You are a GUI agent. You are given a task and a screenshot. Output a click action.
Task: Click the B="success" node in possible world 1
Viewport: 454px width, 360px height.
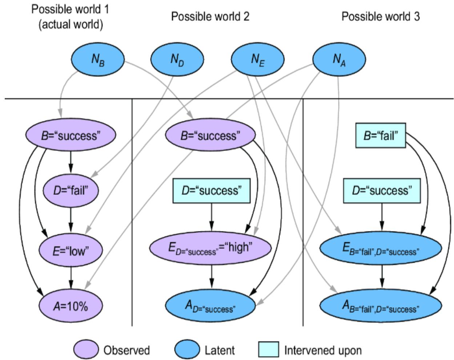pyautogui.click(x=71, y=135)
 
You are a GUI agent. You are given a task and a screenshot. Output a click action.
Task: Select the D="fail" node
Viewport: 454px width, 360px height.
pyautogui.click(x=71, y=190)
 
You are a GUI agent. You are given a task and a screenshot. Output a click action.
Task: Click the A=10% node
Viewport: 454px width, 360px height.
pyautogui.click(x=71, y=306)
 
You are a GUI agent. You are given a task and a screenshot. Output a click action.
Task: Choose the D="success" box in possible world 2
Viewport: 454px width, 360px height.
pyautogui.click(x=211, y=190)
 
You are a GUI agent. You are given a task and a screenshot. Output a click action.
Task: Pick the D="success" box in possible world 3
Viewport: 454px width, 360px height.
pyautogui.click(x=382, y=190)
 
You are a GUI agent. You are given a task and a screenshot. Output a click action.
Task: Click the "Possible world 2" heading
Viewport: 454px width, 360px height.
pyautogui.click(x=210, y=17)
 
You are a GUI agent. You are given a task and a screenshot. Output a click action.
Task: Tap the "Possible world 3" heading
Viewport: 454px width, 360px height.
pyautogui.click(x=381, y=17)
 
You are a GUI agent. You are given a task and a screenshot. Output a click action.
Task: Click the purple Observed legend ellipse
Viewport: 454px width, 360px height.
pyautogui.click(x=86, y=350)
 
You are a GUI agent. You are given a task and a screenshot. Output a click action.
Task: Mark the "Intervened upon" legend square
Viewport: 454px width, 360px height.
pyautogui.click(x=269, y=350)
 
